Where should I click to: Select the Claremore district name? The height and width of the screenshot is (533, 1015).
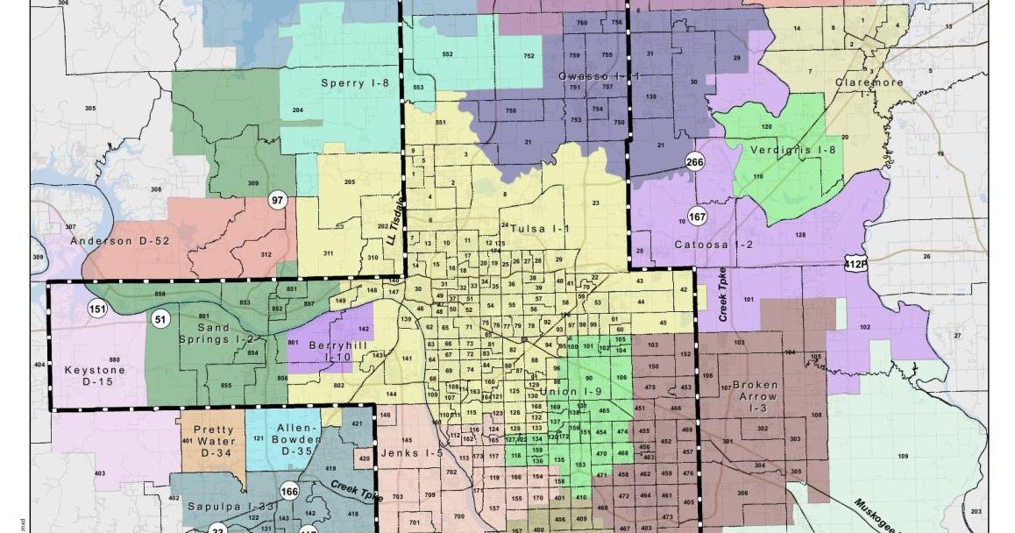point(869,82)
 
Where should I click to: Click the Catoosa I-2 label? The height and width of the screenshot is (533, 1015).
point(714,245)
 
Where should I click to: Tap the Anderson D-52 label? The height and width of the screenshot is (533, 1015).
point(120,240)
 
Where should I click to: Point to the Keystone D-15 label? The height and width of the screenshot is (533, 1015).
point(96,375)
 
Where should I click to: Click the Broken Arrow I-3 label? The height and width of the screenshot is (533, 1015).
point(756,396)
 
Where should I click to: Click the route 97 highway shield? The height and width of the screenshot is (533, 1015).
point(279,200)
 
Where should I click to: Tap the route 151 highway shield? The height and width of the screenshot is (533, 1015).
point(96,308)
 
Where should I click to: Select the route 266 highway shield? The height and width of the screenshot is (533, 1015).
point(695,161)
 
